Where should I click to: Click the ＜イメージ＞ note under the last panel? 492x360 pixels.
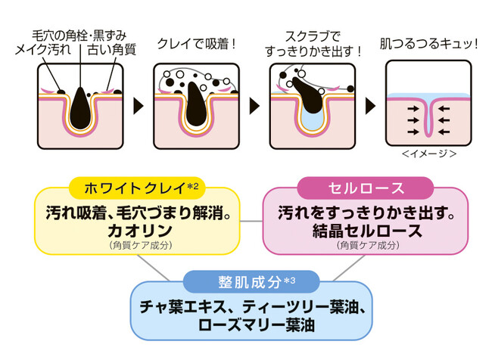click(x=429, y=154)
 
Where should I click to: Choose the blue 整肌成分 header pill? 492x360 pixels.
click(x=251, y=282)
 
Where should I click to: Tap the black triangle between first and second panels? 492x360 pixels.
click(x=138, y=104)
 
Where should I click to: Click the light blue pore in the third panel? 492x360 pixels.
click(x=312, y=117)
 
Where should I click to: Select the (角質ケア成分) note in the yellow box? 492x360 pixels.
click(x=136, y=245)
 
